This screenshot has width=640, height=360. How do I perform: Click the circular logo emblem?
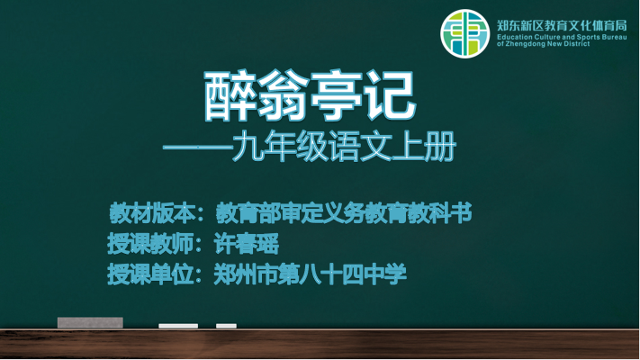click(x=464, y=33)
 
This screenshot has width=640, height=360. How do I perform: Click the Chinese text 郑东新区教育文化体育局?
click(x=562, y=25)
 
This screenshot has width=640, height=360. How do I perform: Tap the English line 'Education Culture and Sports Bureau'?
click(x=562, y=37)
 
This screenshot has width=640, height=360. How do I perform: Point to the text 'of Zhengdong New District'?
click(x=544, y=44)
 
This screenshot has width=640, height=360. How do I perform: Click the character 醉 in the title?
click(x=230, y=96)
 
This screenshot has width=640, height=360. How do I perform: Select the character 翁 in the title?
click(x=283, y=96)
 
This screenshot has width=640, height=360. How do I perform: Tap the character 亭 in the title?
click(x=337, y=96)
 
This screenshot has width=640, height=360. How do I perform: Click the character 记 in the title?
click(x=390, y=96)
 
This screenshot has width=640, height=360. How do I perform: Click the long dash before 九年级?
click(x=197, y=147)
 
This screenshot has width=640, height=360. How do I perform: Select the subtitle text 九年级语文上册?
click(x=344, y=146)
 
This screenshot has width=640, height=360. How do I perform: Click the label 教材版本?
click(x=151, y=213)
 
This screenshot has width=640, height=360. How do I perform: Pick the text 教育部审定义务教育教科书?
click(x=344, y=213)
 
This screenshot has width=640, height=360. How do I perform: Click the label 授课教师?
click(x=149, y=244)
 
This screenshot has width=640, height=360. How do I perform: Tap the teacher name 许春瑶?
click(x=246, y=244)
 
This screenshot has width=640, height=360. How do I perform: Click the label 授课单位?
click(x=149, y=274)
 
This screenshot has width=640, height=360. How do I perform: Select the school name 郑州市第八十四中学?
click(x=310, y=274)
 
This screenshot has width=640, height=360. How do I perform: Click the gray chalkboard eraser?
click(x=90, y=322)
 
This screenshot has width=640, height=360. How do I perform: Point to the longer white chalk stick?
click(x=178, y=326)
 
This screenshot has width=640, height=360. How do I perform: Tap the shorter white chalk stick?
click(x=226, y=326)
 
